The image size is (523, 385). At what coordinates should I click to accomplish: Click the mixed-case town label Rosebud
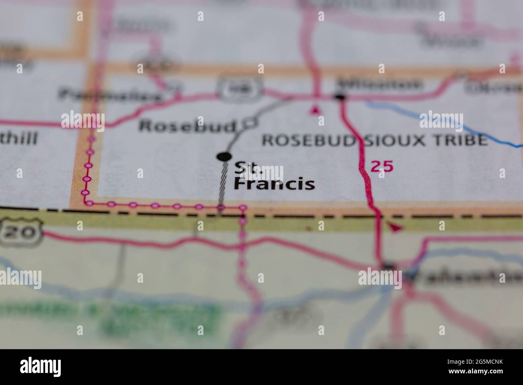[187, 126]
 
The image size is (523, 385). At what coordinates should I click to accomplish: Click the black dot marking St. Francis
[224, 156]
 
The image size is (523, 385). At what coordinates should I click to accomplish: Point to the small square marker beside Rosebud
[251, 123]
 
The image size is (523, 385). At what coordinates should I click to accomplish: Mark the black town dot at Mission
[340, 97]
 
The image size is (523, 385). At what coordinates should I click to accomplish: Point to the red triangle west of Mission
[315, 109]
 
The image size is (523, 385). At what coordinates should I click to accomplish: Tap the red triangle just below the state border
[395, 228]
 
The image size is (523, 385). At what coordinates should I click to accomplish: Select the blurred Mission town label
[380, 85]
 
